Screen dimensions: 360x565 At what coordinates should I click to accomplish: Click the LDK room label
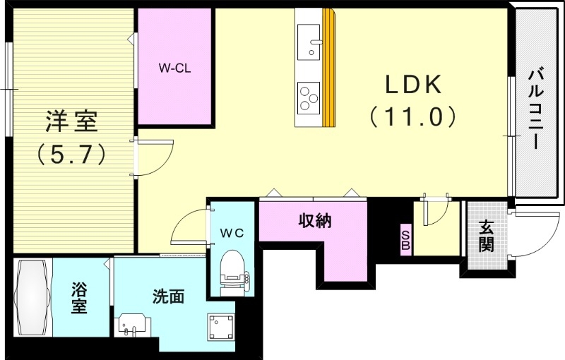(x=413, y=85)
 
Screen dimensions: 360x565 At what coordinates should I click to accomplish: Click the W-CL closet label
(x=174, y=69)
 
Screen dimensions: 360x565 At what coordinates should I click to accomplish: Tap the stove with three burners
(x=309, y=97)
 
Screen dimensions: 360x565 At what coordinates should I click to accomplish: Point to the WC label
(x=230, y=232)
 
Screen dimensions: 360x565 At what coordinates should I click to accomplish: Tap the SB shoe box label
(x=405, y=240)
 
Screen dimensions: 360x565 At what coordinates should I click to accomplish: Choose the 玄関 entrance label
(x=487, y=238)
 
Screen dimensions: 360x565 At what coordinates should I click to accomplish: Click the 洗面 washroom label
(x=168, y=296)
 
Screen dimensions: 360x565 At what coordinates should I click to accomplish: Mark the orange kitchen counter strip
(x=328, y=67)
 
